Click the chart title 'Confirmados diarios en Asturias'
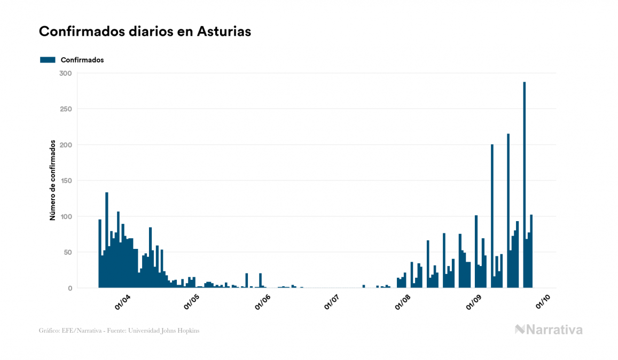[x=145, y=32]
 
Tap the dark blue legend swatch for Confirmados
[x=48, y=60]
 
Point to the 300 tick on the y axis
[x=65, y=73]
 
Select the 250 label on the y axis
[x=65, y=109]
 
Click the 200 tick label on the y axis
[x=65, y=145]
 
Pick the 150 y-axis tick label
[x=66, y=181]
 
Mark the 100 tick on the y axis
[x=66, y=216]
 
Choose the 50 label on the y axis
[x=68, y=252]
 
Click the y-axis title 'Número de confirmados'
[x=53, y=181]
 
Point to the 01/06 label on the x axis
[x=264, y=302]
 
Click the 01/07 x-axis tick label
[x=333, y=302]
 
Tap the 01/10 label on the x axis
[x=544, y=302]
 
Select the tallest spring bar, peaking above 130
[x=107, y=240]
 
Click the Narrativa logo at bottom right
[x=549, y=330]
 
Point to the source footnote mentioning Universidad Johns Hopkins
[x=119, y=331]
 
